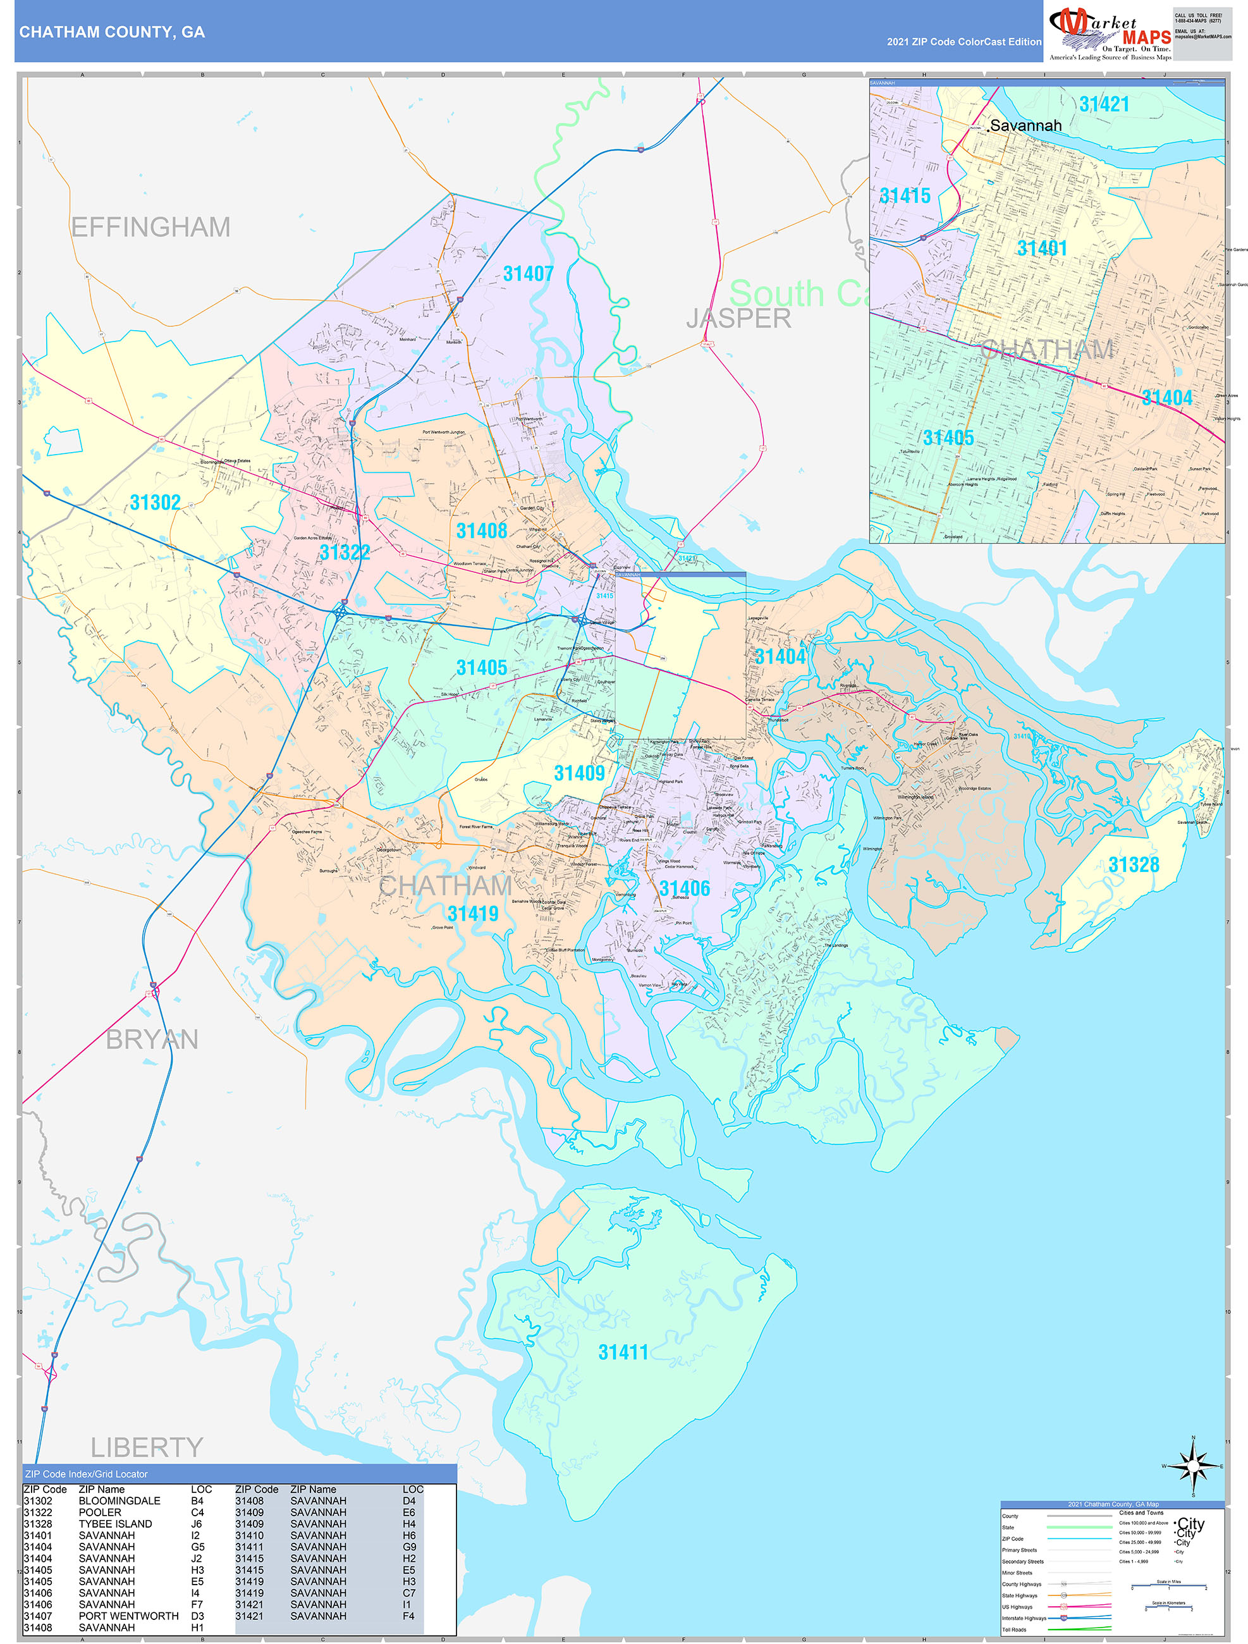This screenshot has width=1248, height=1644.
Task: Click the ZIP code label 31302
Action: pos(156,503)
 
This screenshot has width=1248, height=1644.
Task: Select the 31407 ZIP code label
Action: pos(529,274)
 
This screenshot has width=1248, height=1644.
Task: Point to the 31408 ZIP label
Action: pos(482,531)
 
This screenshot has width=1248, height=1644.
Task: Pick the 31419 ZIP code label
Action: pos(473,914)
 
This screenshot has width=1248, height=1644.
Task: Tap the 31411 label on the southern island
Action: pos(623,1352)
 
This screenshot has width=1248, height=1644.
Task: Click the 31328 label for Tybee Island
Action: pos(1134,864)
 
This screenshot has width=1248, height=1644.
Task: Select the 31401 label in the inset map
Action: pos(1042,248)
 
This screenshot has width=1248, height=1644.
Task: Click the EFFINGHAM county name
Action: pos(151,226)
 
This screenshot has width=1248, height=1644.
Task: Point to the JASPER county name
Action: pos(738,318)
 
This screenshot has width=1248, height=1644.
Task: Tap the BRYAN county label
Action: pos(152,1039)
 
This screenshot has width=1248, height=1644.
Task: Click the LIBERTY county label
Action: pos(147,1447)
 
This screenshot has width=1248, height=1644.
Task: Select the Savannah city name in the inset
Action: pos(1025,126)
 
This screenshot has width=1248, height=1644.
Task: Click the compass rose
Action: pos(1193,1466)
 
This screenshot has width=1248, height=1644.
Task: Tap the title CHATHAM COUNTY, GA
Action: pos(113,32)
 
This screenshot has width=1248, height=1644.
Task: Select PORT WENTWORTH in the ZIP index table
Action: pos(128,1616)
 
